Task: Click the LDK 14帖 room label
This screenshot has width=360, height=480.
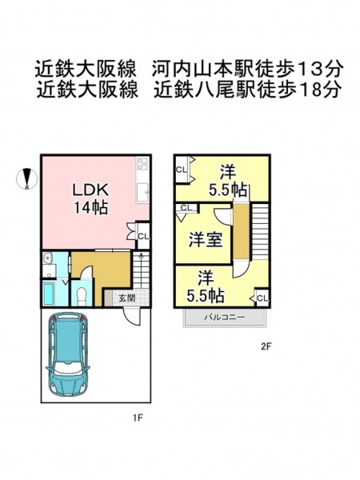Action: [x=90, y=199]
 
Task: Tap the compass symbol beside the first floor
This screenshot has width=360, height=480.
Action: [x=27, y=178]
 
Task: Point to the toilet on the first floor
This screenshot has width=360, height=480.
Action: [x=82, y=296]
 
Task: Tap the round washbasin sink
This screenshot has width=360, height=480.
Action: [x=47, y=258]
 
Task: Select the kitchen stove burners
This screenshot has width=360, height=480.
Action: [x=142, y=164]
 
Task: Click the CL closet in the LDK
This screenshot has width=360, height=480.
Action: [x=143, y=236]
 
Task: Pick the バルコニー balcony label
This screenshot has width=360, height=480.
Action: [x=224, y=317]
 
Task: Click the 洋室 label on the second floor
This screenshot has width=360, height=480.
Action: [x=205, y=240]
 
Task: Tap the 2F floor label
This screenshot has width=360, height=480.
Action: [x=266, y=346]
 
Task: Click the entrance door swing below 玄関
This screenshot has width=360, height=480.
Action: [x=133, y=316]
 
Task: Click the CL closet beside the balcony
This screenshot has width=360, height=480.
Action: [x=262, y=298]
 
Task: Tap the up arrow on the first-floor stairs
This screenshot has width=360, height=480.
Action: [x=142, y=257]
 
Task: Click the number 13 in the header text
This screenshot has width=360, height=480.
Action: [x=310, y=69]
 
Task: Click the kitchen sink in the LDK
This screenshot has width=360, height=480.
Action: [x=142, y=193]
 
